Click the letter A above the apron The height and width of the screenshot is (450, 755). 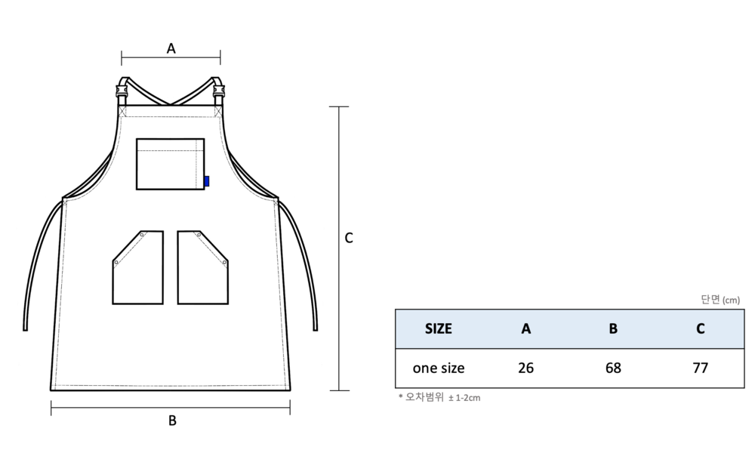pyautogui.click(x=171, y=48)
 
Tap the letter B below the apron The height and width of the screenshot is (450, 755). pyautogui.click(x=172, y=421)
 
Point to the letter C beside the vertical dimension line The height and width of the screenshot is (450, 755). pyautogui.click(x=349, y=238)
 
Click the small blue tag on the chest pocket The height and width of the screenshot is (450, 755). pyautogui.click(x=207, y=181)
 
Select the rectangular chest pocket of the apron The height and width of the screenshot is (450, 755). pyautogui.click(x=170, y=164)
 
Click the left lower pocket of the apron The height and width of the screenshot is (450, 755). pyautogui.click(x=137, y=267)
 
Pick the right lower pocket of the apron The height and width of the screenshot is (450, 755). pyautogui.click(x=202, y=267)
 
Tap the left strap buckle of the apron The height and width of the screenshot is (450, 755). pyautogui.click(x=122, y=91)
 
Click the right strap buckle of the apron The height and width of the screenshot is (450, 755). pyautogui.click(x=219, y=91)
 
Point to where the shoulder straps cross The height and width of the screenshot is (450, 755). pyautogui.click(x=170, y=103)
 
